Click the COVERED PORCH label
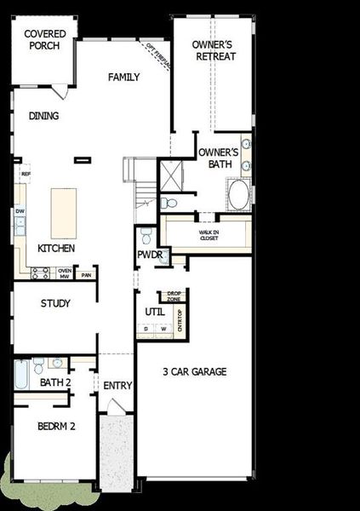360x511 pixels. [x=43, y=39]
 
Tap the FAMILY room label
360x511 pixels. [x=123, y=78]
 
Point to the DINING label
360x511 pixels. [x=44, y=117]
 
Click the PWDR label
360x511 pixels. [x=149, y=255]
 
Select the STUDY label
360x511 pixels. [x=55, y=303]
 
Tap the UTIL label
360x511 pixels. [x=154, y=312]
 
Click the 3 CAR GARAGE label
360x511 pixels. [x=197, y=371]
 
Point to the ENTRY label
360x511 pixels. [x=117, y=386]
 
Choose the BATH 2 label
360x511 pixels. [x=55, y=382]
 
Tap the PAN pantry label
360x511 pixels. [x=85, y=274]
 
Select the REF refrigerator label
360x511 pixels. [x=26, y=174]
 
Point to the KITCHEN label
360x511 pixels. [x=56, y=249]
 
